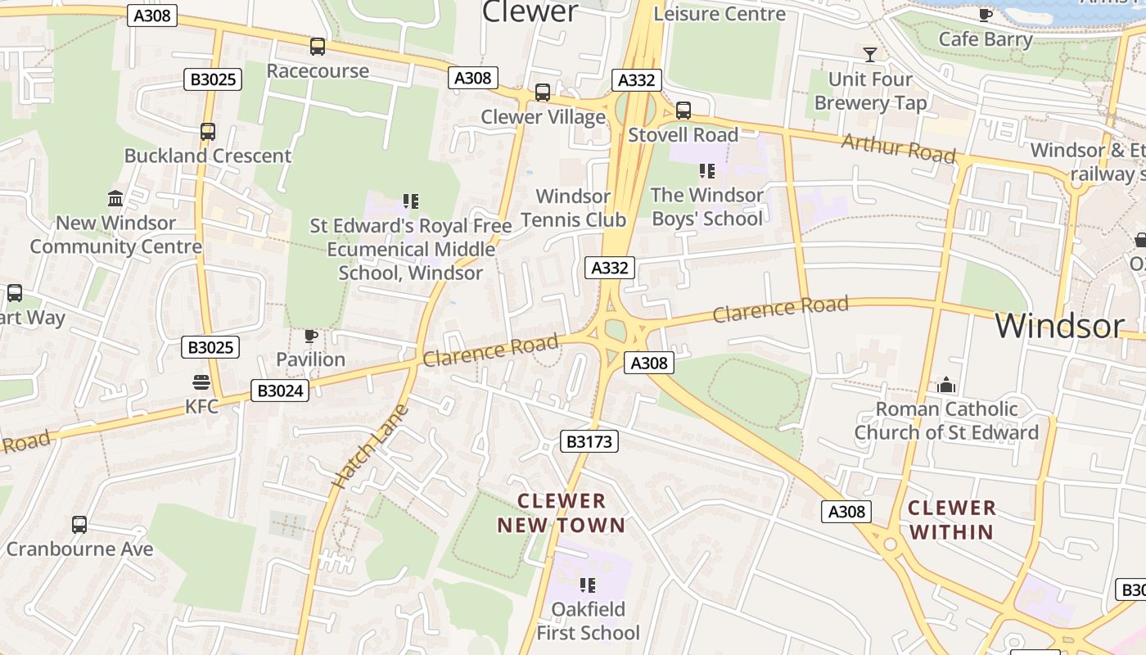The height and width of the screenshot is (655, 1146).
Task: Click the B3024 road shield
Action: tap(281, 391)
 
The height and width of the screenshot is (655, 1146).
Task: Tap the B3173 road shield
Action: tap(589, 441)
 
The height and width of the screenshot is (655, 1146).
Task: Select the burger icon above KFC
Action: tap(201, 382)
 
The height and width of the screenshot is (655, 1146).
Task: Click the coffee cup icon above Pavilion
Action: tap(310, 336)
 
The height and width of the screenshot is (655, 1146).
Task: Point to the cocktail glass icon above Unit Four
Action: tap(870, 54)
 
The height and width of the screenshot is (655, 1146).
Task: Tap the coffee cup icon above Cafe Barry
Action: tap(986, 15)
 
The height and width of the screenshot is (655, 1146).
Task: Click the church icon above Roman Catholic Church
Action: tap(946, 385)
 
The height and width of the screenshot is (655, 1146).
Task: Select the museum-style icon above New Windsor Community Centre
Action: tap(115, 199)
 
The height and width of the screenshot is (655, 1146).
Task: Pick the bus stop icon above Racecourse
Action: tap(318, 47)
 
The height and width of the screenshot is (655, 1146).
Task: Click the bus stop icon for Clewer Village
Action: tap(543, 93)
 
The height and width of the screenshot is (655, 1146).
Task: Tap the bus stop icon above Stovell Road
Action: tap(684, 111)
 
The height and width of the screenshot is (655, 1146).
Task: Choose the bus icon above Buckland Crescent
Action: tap(208, 132)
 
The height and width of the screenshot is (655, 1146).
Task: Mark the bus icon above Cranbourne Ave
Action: tap(79, 525)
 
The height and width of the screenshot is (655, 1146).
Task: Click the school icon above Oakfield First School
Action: tap(587, 585)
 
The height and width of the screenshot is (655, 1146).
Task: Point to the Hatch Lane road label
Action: tap(370, 448)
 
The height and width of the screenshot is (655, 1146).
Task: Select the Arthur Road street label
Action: tap(898, 148)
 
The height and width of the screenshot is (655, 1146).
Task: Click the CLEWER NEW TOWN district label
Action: tap(562, 513)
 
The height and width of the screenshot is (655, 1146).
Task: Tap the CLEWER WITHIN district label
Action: tap(951, 519)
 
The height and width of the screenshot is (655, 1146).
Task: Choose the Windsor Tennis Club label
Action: tap(573, 208)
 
